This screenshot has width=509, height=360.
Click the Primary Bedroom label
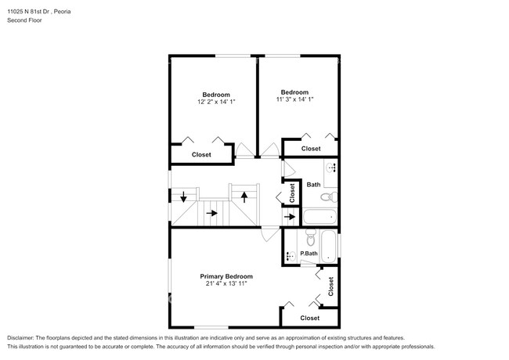[x=226, y=276]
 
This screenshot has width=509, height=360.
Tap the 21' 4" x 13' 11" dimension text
[x=226, y=284]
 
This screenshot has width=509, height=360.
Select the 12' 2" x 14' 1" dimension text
[x=216, y=102]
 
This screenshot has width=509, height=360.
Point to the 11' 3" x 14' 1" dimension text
[x=294, y=99]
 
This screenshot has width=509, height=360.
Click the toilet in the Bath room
[x=329, y=196]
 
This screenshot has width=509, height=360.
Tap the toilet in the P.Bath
[x=311, y=237]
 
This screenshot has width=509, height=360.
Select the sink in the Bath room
[x=331, y=168]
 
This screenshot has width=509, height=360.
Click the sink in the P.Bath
[x=291, y=256]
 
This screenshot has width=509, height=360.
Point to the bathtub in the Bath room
[x=319, y=216]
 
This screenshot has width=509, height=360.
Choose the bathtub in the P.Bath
[x=329, y=247]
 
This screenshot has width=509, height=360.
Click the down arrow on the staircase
[x=183, y=196]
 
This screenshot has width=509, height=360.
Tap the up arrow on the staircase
[x=244, y=197]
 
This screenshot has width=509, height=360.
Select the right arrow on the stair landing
[x=212, y=213]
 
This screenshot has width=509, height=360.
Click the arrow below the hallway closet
[x=290, y=217]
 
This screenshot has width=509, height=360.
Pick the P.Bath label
[x=309, y=254]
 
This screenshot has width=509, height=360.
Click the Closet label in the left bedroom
[x=201, y=155]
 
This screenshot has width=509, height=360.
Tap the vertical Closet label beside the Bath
[x=292, y=193]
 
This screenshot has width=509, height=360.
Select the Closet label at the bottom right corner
[x=309, y=319]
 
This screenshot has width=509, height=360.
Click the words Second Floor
[x=24, y=20]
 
